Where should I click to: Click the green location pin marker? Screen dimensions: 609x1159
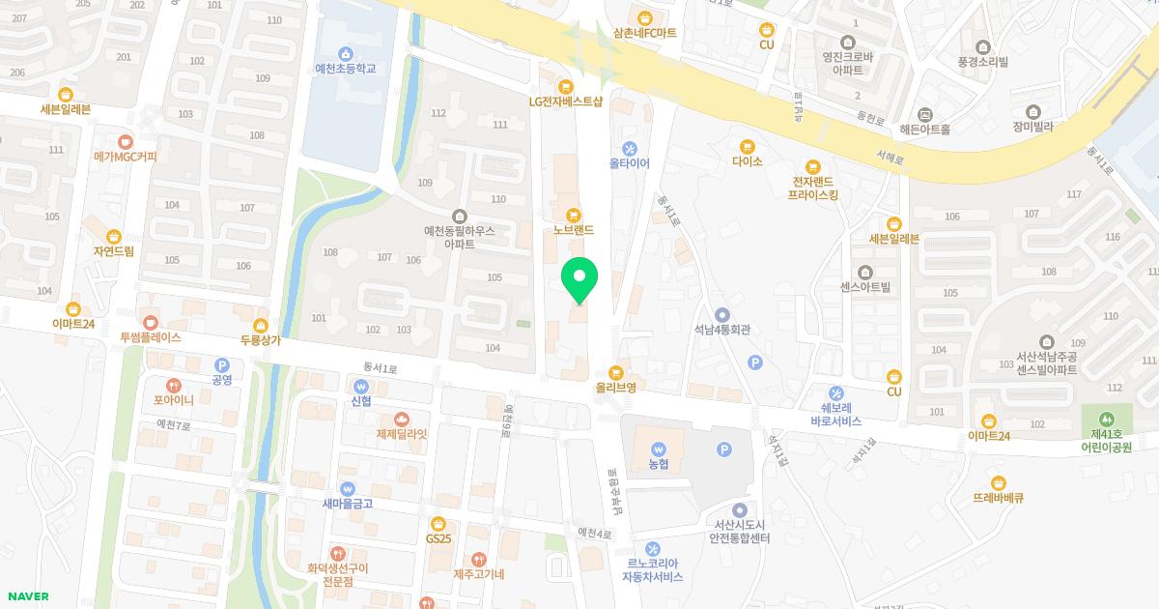point(579,278)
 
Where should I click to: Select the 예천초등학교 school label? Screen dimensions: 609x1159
point(345,69)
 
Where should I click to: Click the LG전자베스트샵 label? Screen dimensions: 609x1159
point(566,101)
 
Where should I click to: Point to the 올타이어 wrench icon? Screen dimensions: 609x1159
point(630,148)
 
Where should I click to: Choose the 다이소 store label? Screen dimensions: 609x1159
point(748,161)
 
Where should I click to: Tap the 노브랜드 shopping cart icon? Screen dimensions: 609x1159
point(574,214)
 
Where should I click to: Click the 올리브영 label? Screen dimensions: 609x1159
point(615,388)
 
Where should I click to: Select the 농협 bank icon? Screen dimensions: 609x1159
point(659,449)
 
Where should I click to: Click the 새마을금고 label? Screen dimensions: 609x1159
point(348,504)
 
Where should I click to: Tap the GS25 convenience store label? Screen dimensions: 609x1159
point(438,538)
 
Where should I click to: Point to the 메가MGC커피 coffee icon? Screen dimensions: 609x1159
point(126,141)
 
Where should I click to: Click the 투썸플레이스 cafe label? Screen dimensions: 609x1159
point(150,338)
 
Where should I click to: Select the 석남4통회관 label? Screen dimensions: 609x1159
point(721,330)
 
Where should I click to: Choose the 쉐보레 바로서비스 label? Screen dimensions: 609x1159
point(836,415)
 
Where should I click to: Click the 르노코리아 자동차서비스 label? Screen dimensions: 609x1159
point(652,570)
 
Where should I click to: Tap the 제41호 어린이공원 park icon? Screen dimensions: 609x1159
point(1105,420)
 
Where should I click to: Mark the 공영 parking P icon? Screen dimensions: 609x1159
point(221,365)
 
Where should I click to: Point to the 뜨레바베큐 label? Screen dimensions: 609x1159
point(999,499)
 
